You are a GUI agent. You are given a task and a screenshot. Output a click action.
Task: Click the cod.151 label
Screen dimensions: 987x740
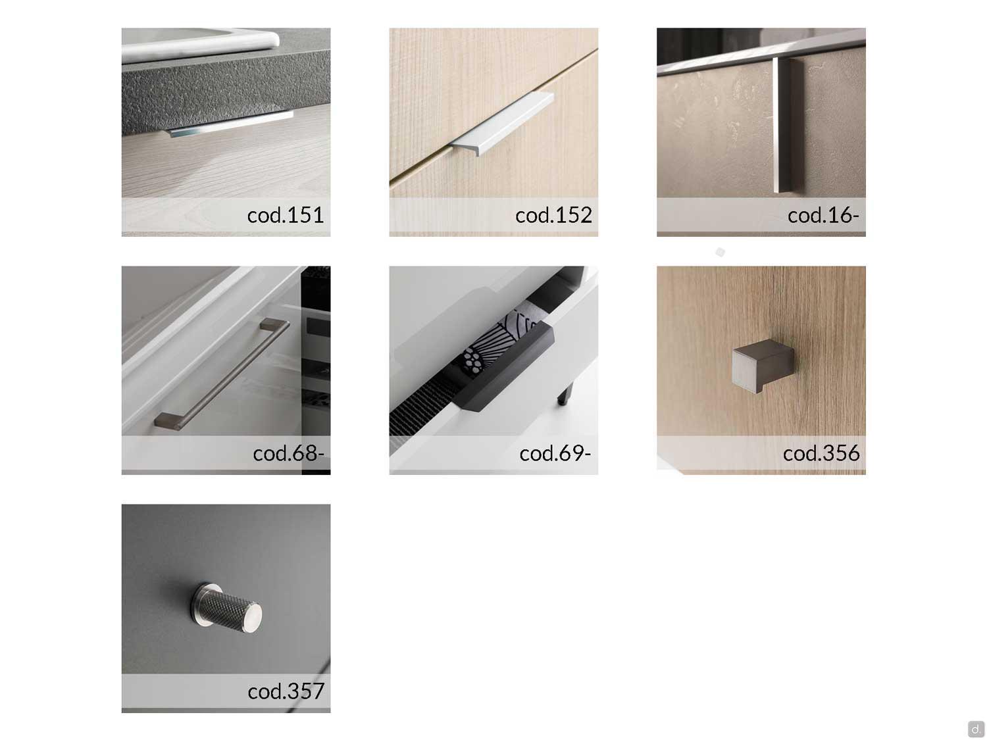[x=285, y=215]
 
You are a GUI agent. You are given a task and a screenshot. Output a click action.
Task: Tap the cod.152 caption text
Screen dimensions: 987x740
[x=553, y=215]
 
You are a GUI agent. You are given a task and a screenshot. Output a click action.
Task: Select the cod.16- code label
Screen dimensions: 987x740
[x=823, y=215]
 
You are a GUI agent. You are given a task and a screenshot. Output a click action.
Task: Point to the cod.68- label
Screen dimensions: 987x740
[x=288, y=453]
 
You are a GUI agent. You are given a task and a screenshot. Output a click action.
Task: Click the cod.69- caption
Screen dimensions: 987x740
[x=555, y=453]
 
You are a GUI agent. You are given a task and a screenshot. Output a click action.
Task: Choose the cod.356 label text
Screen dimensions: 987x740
[x=821, y=453]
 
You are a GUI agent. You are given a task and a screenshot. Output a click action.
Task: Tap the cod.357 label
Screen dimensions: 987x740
[x=286, y=691]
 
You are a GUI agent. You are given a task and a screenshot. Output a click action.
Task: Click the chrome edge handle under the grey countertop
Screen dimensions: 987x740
[x=230, y=124]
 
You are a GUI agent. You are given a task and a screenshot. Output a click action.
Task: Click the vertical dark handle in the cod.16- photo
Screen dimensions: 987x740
[x=788, y=126]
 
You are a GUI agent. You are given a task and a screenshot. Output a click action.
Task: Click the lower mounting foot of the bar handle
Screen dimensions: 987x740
[x=168, y=421]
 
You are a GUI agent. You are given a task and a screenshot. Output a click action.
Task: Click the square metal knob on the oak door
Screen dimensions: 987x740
[x=762, y=365]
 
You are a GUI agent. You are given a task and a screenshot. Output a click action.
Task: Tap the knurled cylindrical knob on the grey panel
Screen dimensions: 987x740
[x=228, y=608]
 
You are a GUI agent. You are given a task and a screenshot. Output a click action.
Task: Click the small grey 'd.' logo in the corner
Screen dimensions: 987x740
[x=975, y=728]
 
